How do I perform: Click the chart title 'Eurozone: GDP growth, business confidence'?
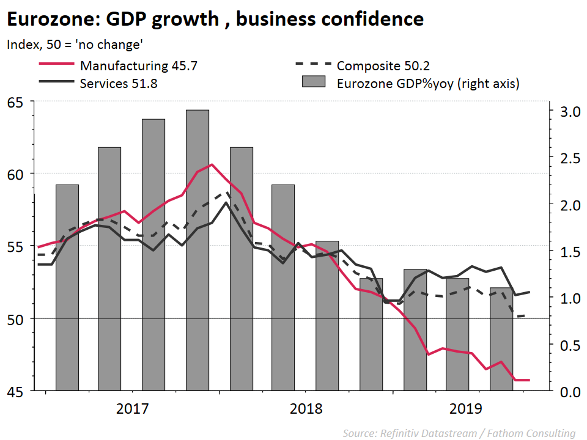point(215,19)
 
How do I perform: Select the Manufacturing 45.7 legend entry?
point(138,65)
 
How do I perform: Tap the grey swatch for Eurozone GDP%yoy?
point(313,83)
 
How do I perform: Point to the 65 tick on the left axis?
point(18,101)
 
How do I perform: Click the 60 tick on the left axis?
point(18,174)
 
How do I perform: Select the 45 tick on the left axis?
point(18,391)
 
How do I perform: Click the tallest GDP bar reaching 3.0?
point(198,251)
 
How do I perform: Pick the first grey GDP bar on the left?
point(67,287)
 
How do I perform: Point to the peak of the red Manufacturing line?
point(212,164)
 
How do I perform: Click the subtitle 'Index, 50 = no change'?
point(75,45)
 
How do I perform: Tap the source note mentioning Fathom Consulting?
point(459,433)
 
